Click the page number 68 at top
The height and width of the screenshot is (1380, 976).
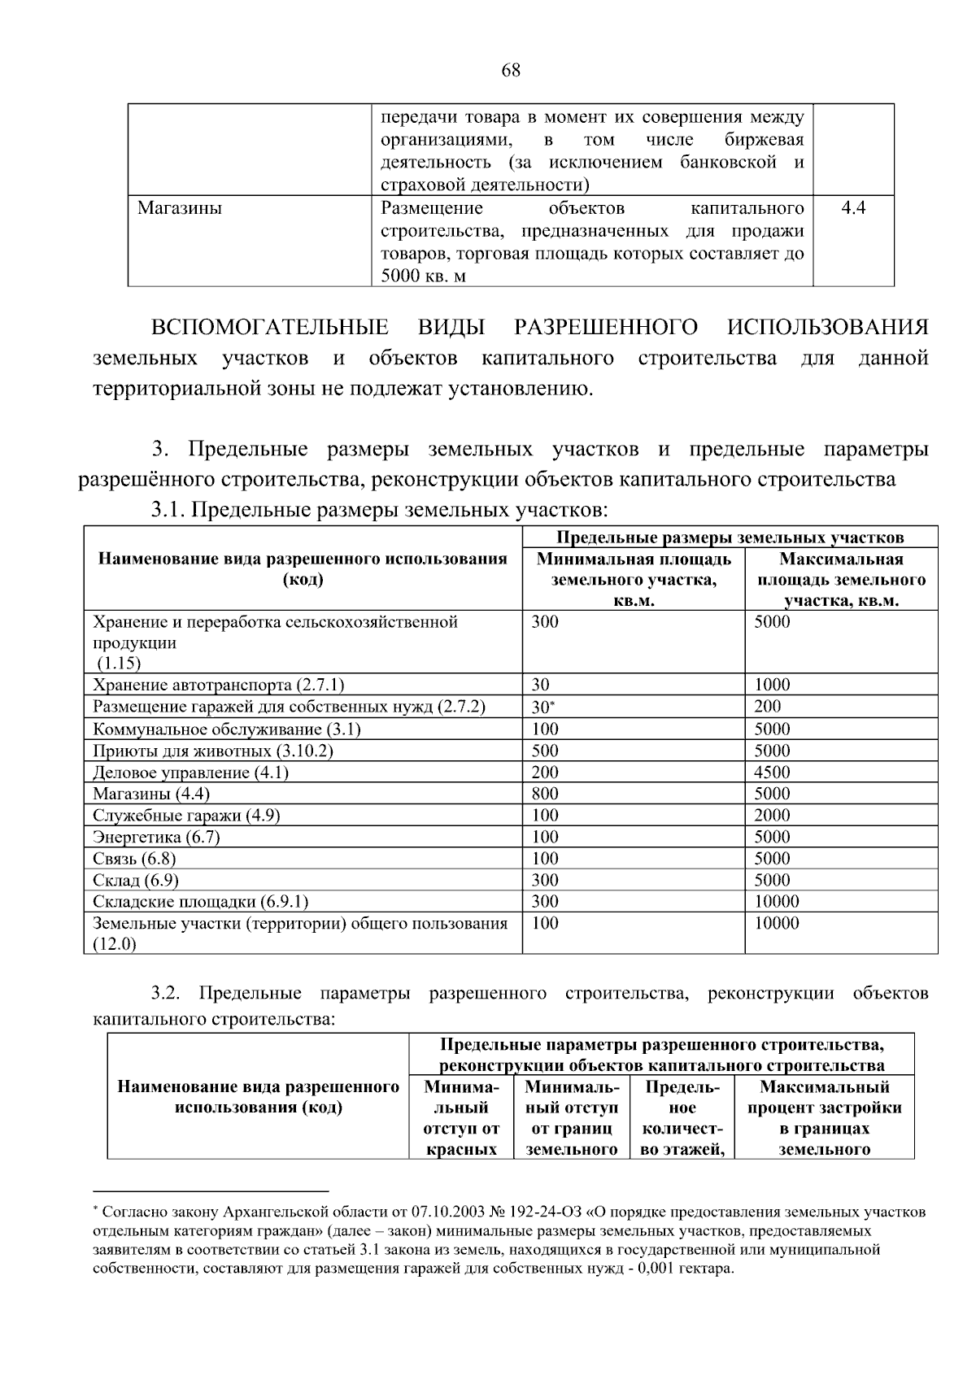tap(511, 71)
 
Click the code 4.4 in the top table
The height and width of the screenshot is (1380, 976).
tap(853, 208)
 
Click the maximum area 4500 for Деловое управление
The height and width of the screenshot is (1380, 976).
tap(772, 773)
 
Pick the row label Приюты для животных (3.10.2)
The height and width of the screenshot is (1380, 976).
tap(213, 751)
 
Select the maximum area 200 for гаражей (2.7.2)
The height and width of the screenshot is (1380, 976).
tap(767, 707)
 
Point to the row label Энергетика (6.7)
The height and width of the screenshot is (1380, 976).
tap(156, 837)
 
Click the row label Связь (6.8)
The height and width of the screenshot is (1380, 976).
tap(134, 859)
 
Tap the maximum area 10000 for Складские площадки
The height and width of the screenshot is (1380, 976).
tap(777, 902)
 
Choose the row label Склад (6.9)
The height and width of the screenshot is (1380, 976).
tap(136, 881)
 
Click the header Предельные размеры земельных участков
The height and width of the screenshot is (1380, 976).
tap(730, 538)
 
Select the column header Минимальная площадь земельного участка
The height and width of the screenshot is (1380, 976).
tap(634, 580)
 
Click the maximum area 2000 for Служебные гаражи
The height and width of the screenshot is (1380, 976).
tap(772, 816)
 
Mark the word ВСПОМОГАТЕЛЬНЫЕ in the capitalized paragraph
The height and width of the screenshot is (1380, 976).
tap(269, 328)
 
